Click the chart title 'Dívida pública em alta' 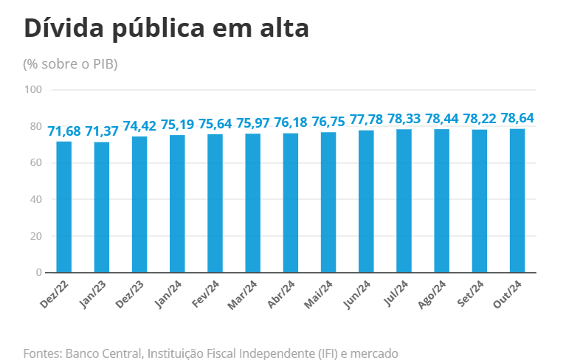166,28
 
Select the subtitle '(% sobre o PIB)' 71,64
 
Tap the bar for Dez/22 64,207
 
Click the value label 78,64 517,118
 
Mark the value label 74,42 140,125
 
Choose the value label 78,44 442,119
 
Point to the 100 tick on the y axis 33,90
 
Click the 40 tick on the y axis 36,199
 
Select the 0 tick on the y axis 39,273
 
